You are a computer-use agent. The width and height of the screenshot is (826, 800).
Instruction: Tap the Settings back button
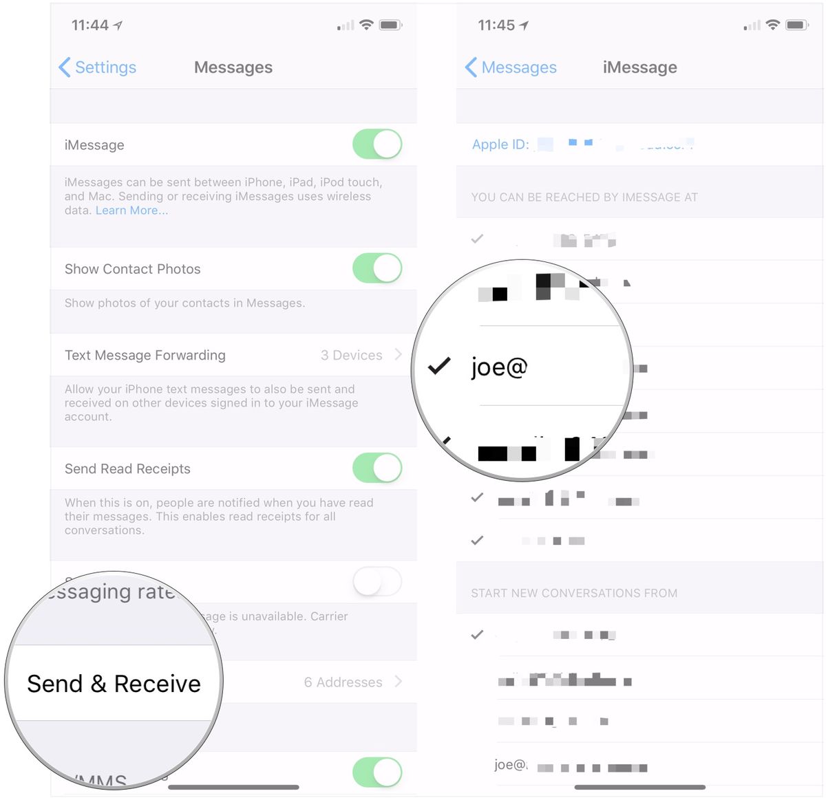(x=98, y=67)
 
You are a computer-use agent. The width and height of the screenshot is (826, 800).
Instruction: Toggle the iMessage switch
(x=377, y=144)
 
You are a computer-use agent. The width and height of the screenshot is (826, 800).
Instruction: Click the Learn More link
(x=131, y=210)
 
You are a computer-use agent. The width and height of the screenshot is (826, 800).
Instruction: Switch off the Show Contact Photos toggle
(x=377, y=268)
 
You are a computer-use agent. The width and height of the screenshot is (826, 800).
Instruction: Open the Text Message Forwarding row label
(x=145, y=355)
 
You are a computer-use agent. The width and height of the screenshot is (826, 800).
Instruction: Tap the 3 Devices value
(x=351, y=355)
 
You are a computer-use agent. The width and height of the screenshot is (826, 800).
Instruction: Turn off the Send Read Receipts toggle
(x=377, y=468)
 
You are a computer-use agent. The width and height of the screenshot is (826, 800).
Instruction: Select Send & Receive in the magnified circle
(x=114, y=684)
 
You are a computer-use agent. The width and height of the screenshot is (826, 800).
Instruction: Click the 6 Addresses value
(x=343, y=682)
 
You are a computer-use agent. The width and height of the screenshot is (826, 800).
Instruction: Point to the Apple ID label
(x=500, y=144)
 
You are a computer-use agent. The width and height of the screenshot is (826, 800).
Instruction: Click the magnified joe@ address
(x=499, y=367)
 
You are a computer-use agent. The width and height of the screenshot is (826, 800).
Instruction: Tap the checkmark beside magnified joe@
(x=439, y=366)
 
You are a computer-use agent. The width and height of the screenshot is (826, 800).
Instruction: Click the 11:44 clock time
(x=90, y=25)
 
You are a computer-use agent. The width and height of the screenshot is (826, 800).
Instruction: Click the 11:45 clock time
(x=496, y=25)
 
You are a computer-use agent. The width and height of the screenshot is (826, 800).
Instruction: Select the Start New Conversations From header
(x=574, y=593)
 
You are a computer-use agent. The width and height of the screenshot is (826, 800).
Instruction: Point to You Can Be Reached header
(x=584, y=197)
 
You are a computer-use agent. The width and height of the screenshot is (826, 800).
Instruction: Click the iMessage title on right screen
(x=639, y=67)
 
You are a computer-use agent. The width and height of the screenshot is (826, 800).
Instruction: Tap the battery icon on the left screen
(x=390, y=25)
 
